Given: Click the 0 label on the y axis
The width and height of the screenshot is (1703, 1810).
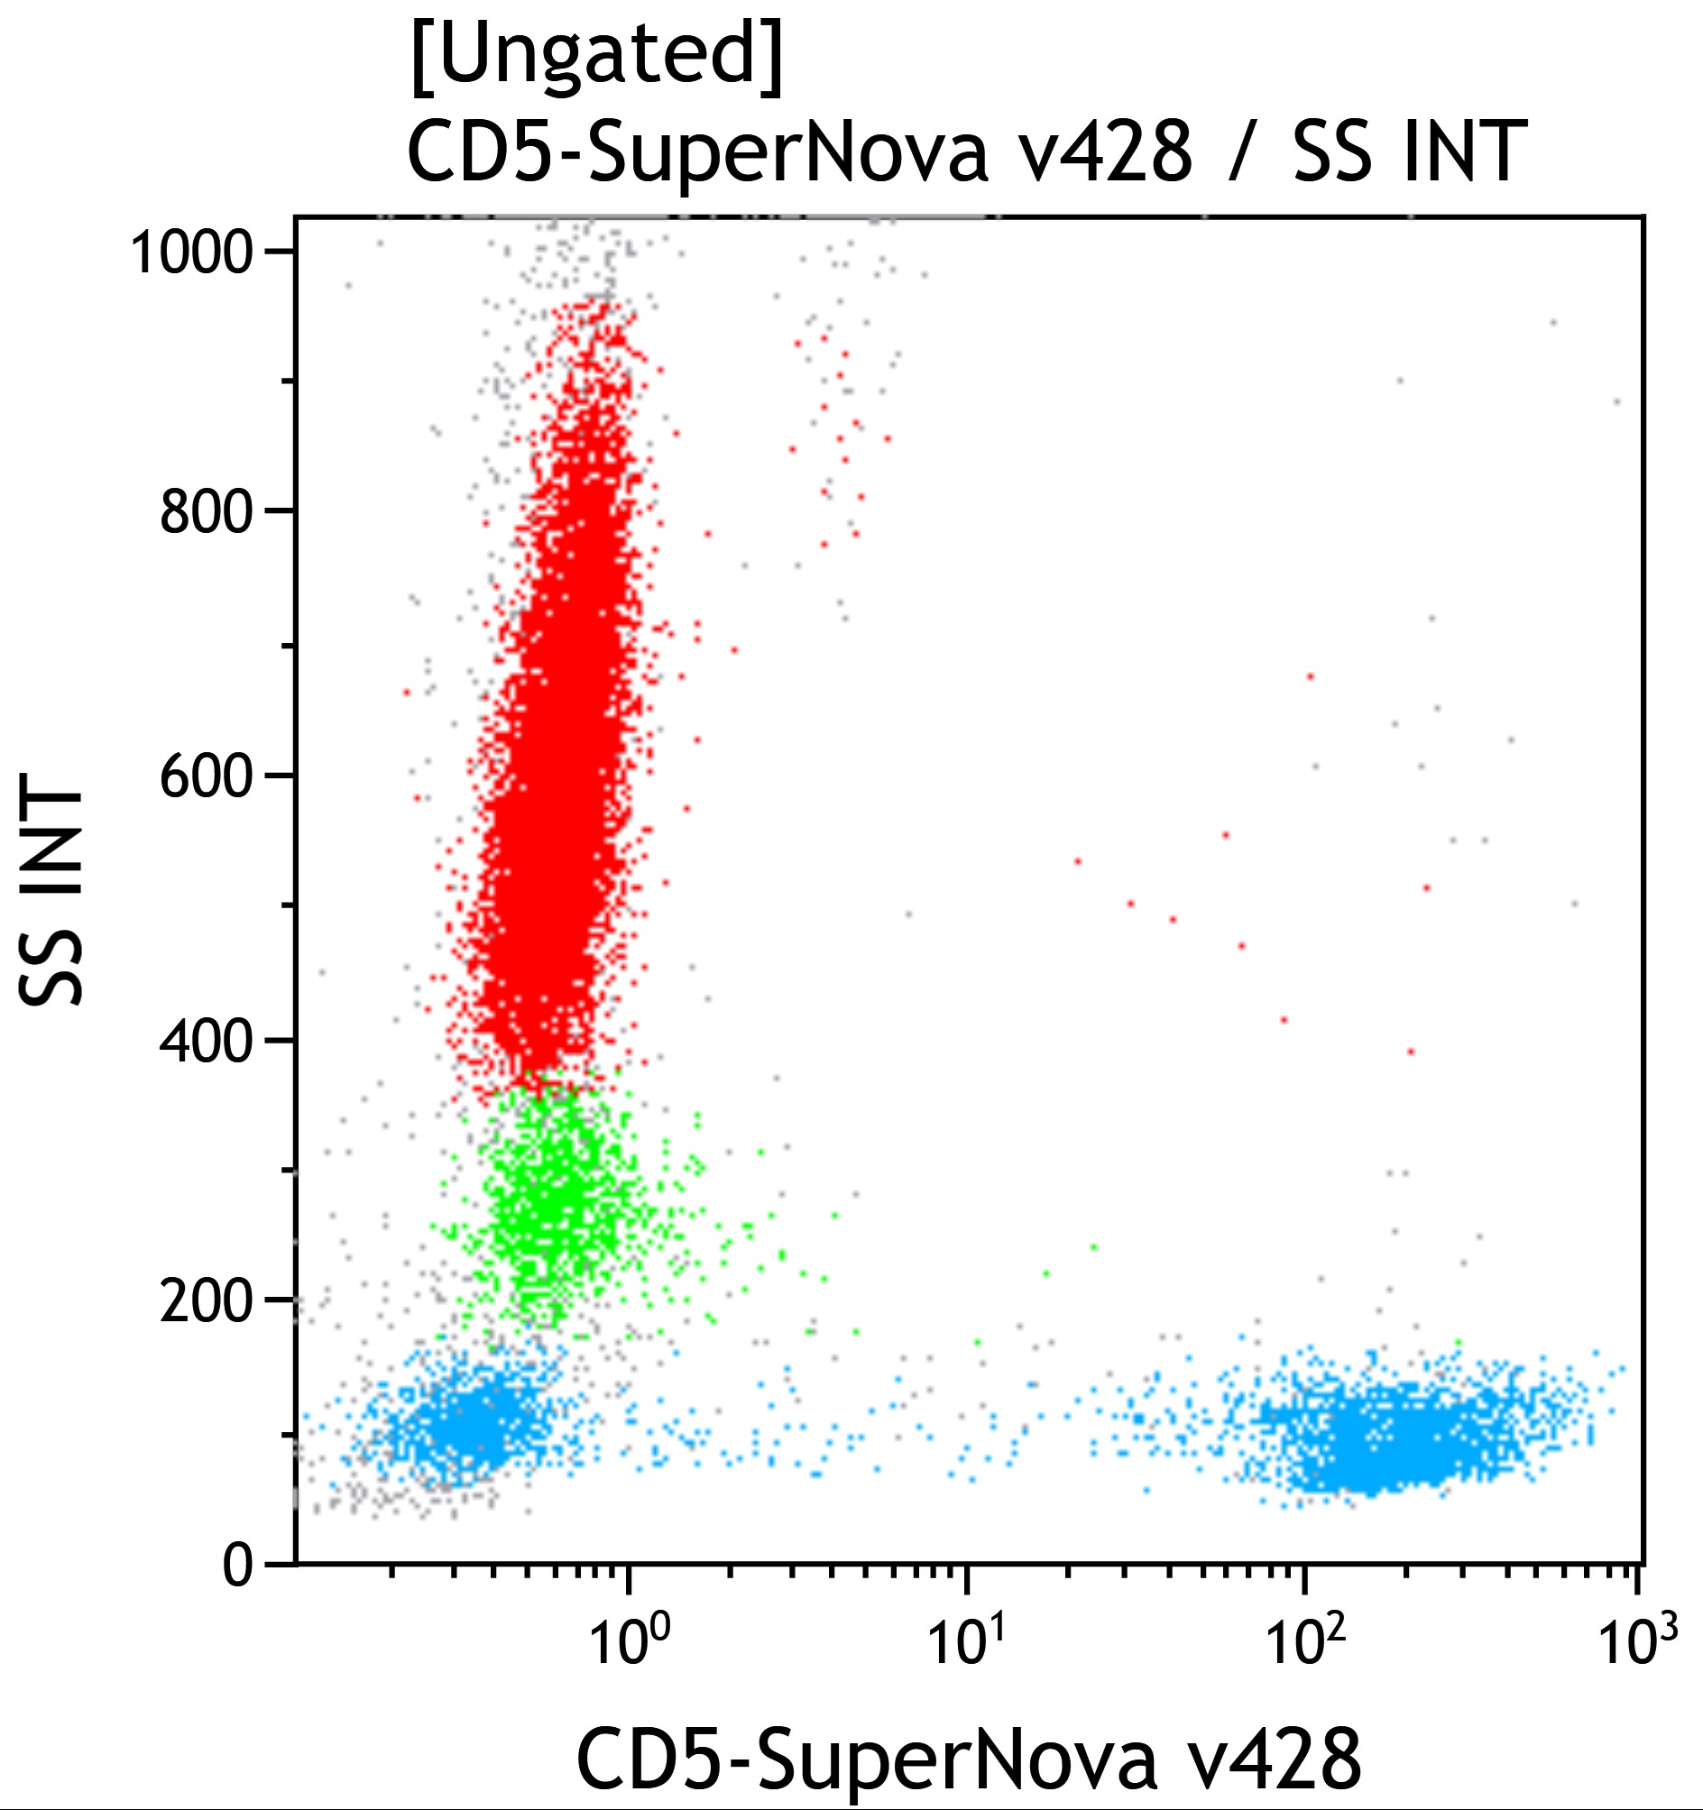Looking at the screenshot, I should click(239, 1567).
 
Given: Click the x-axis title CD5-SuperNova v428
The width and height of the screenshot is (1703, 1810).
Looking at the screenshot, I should click(969, 1759).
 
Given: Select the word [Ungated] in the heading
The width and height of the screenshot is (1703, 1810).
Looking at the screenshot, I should click(596, 57).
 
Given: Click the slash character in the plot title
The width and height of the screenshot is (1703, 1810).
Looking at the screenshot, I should click(1240, 153).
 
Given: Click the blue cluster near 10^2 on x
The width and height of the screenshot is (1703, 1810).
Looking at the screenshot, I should click(1394, 1438).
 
